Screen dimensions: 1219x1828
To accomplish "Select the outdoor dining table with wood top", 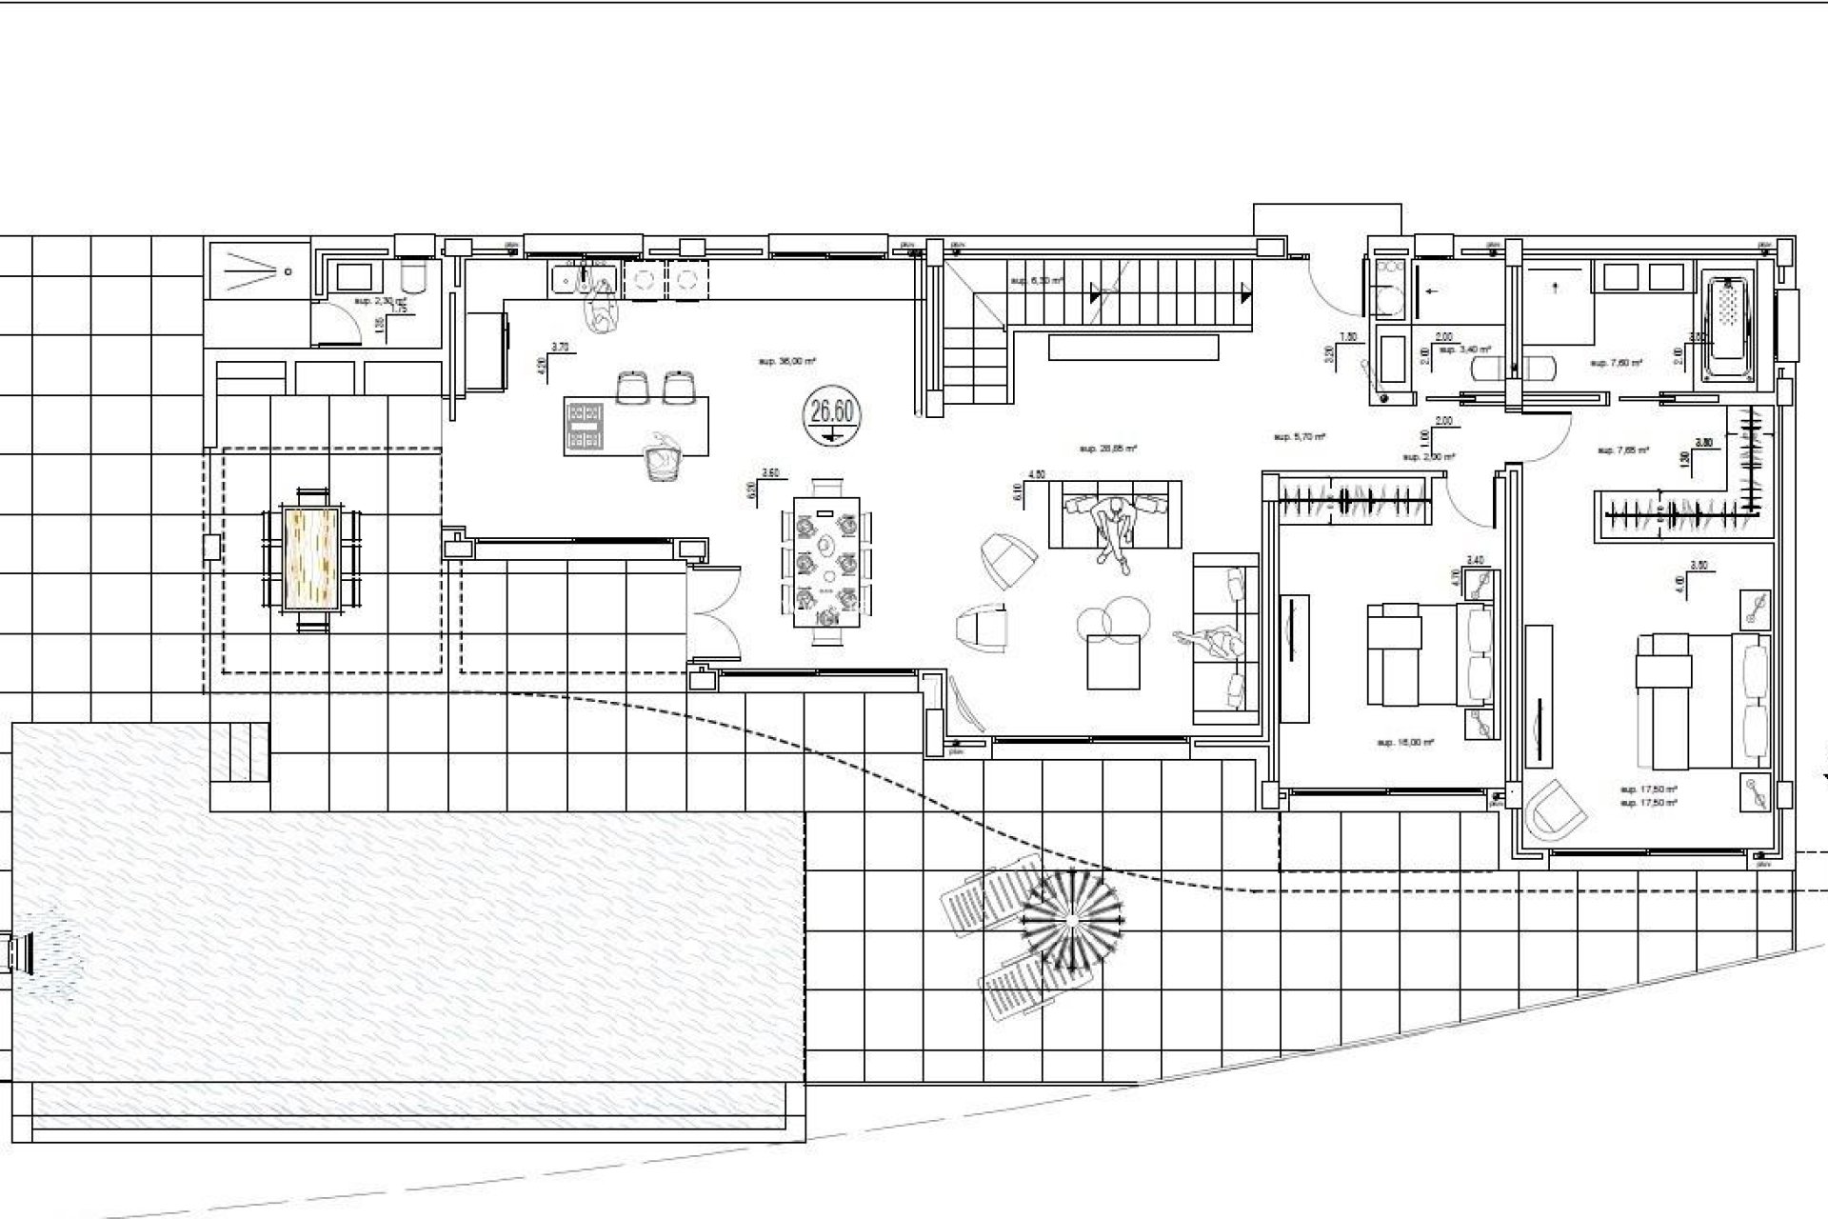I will click(x=312, y=559).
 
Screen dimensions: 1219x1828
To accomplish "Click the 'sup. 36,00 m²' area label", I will click(x=788, y=362).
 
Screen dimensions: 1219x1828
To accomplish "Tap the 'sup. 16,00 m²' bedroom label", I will click(x=1405, y=742).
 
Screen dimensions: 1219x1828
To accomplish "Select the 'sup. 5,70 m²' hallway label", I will click(x=1300, y=437).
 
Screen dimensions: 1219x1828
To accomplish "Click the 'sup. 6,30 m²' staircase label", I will click(x=1036, y=281).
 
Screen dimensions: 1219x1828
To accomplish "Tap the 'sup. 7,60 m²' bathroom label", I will click(x=1611, y=363).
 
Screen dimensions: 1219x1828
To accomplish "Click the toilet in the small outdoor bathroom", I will click(x=415, y=277).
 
